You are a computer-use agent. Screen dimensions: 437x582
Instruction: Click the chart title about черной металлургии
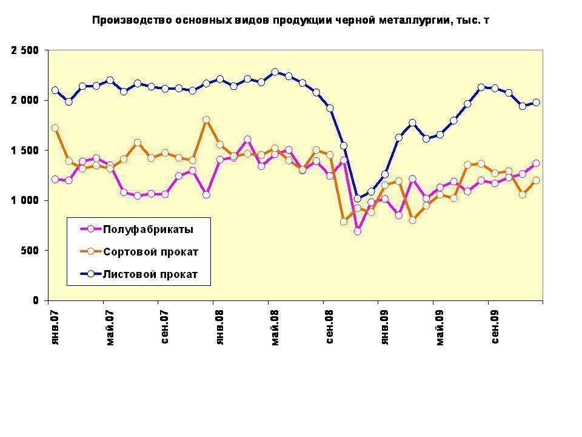tap(290, 20)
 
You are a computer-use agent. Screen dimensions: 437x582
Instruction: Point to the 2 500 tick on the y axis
tap(25, 50)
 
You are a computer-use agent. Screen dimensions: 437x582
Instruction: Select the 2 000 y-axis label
tap(25, 100)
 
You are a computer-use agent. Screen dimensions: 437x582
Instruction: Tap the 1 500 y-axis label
tap(25, 151)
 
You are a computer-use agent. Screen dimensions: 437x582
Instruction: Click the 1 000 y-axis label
tap(25, 200)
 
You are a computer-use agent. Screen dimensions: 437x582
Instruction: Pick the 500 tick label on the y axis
tap(30, 251)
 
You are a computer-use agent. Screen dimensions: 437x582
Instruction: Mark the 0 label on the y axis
tap(36, 300)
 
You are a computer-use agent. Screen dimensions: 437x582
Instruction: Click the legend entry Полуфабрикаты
tap(148, 229)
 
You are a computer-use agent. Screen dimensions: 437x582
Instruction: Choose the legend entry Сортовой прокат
tap(150, 251)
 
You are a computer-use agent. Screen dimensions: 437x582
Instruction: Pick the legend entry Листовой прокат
tap(150, 274)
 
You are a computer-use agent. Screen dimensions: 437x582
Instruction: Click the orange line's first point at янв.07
tap(55, 128)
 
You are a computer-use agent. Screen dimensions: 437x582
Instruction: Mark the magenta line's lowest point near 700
tap(358, 231)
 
